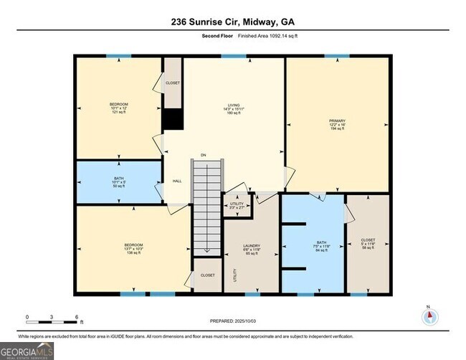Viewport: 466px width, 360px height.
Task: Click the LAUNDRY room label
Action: point(251,250)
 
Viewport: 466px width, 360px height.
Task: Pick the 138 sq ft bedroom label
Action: point(133,249)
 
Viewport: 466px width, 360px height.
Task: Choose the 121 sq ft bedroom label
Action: point(118,108)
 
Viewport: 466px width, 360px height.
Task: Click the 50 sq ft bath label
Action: point(118,181)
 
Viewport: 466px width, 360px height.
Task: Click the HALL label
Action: point(176,181)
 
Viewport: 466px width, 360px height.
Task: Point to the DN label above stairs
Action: point(203,154)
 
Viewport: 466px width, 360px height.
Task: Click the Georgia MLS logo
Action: point(27,351)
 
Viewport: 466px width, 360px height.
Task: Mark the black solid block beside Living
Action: point(172,119)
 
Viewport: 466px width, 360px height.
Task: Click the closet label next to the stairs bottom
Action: point(207,275)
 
